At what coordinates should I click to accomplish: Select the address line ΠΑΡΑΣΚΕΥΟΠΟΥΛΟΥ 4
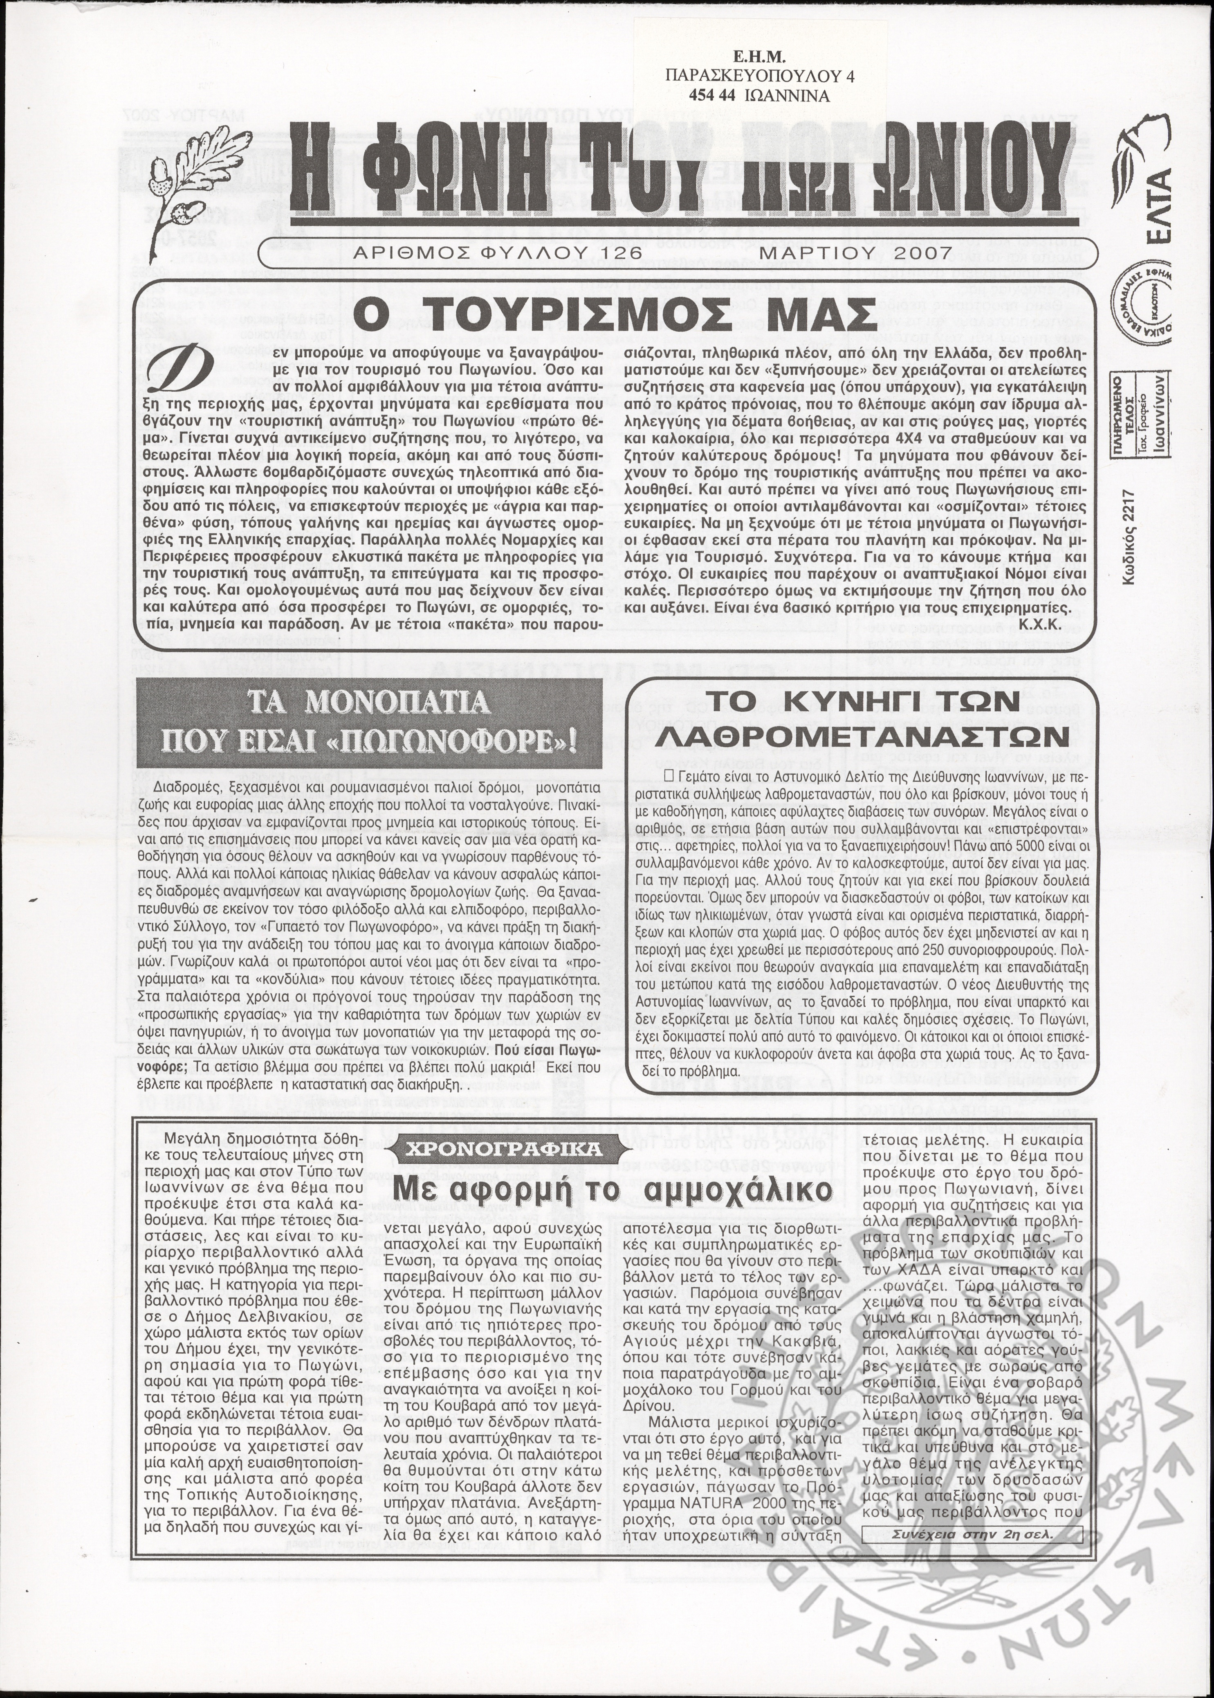click(758, 76)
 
